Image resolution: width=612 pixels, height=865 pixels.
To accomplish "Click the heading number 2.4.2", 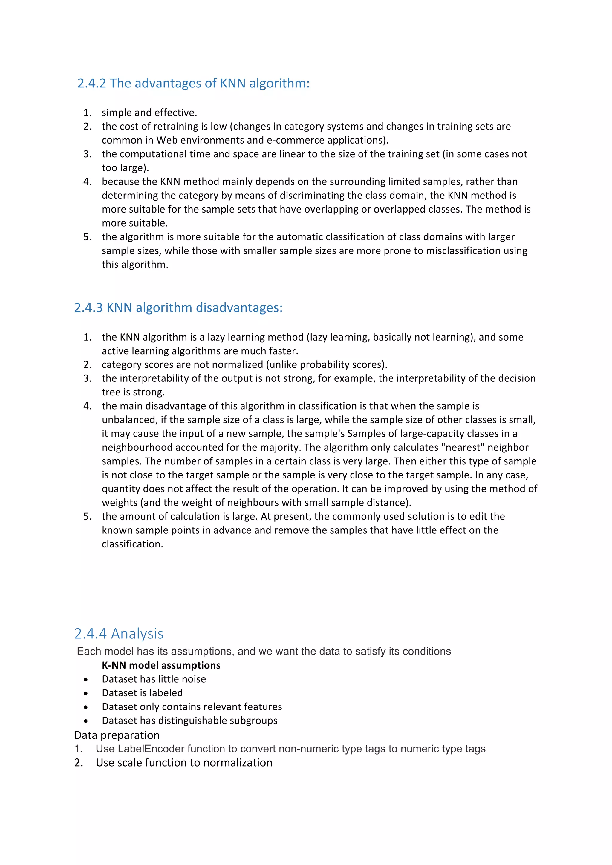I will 92,83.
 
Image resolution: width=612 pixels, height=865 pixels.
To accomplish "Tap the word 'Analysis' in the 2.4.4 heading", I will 137,634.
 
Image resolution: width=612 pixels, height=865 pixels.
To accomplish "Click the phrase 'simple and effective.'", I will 149,113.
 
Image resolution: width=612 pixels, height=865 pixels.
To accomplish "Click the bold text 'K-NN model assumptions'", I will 161,665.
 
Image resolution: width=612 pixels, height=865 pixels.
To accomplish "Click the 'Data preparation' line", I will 117,735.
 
